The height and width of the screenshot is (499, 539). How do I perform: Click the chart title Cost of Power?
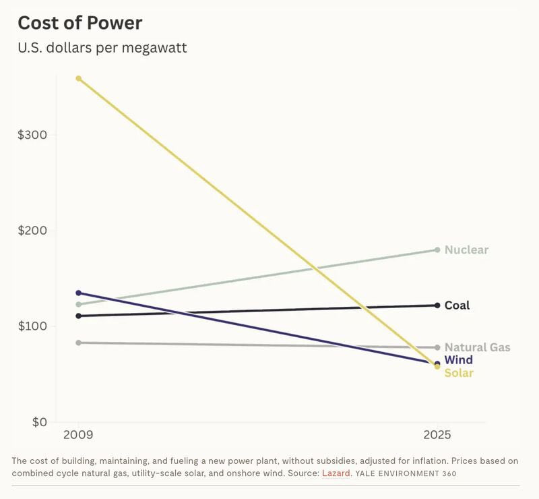(x=80, y=22)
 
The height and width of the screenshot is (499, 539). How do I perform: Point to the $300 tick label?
(x=32, y=134)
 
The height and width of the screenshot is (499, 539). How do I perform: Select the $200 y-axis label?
(x=32, y=231)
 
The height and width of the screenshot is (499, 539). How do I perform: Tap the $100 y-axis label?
(x=32, y=326)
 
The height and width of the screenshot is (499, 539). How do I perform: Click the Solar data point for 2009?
(x=79, y=78)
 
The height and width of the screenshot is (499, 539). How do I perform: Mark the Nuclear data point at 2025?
(x=437, y=250)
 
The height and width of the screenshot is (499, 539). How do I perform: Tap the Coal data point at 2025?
(x=437, y=305)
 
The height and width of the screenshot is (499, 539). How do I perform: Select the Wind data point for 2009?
(x=79, y=293)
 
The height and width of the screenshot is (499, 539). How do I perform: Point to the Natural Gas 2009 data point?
(x=79, y=343)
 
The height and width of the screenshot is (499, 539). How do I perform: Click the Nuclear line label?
(x=466, y=250)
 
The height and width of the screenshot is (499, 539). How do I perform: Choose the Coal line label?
(x=457, y=305)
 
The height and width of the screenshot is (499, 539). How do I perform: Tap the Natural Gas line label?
(x=477, y=348)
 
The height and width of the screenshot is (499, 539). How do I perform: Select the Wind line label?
(x=458, y=360)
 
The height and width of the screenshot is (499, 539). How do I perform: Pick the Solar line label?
(x=459, y=373)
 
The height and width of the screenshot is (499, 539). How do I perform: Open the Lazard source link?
(x=336, y=473)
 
